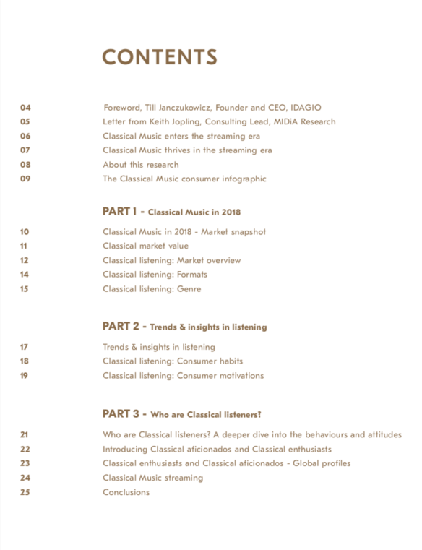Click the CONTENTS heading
(x=160, y=57)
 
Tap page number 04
(x=25, y=108)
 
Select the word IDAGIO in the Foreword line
(x=305, y=108)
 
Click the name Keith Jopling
(x=177, y=122)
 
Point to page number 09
(x=25, y=179)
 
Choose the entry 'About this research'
(x=140, y=165)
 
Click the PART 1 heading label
(x=120, y=212)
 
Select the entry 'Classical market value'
(x=145, y=246)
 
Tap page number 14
(x=25, y=275)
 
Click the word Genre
(x=189, y=289)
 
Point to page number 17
(x=25, y=347)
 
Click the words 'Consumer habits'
(x=210, y=361)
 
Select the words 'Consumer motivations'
(x=220, y=376)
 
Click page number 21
(x=25, y=435)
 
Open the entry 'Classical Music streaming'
(x=152, y=478)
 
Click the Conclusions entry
(x=126, y=492)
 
